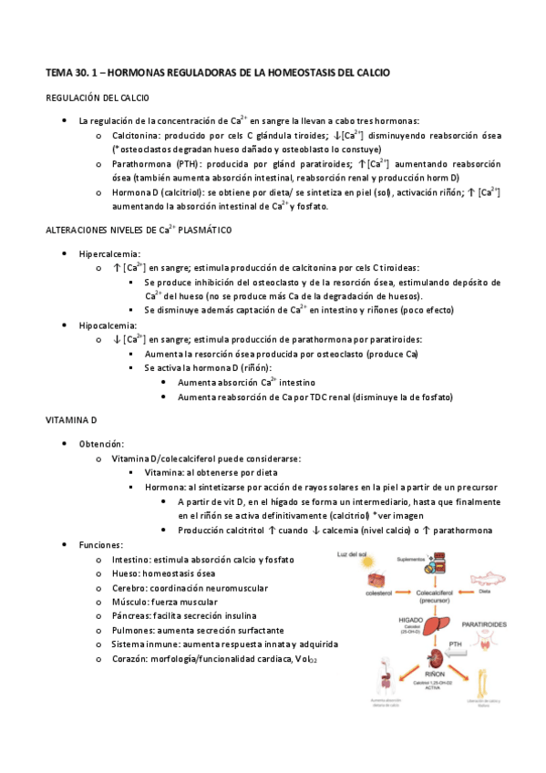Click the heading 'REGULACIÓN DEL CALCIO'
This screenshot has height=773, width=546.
click(x=98, y=98)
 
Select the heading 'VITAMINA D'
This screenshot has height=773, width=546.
click(x=70, y=419)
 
